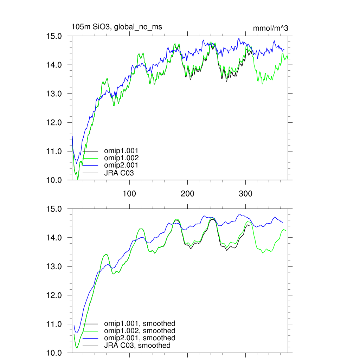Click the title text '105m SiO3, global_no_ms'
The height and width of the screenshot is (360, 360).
117,27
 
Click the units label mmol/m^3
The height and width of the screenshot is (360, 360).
270,28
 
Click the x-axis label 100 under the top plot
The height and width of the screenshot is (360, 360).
130,194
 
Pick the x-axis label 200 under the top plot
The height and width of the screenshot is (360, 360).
187,194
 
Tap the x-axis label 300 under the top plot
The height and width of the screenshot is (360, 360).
245,194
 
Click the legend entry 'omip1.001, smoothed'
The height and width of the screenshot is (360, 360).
139,324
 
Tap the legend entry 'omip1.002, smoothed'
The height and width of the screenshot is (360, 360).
139,331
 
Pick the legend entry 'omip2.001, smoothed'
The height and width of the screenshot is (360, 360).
139,338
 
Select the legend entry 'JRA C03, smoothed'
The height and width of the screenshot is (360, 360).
137,346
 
